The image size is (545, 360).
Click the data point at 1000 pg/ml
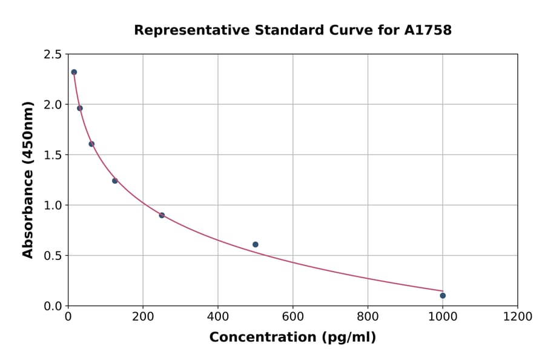click(x=443, y=296)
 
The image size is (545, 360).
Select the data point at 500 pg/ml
click(x=255, y=245)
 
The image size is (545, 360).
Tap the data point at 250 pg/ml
click(x=162, y=215)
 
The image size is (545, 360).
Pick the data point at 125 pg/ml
click(x=114, y=181)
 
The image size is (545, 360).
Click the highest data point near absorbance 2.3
click(x=74, y=72)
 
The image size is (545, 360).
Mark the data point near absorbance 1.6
click(x=91, y=144)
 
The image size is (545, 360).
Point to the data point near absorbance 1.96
click(x=79, y=108)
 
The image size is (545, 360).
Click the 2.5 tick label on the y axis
click(x=52, y=55)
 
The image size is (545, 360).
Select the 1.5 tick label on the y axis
click(x=52, y=155)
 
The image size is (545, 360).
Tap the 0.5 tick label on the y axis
click(x=52, y=256)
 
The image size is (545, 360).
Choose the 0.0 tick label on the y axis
click(x=52, y=306)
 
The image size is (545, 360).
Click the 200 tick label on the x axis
click(x=143, y=317)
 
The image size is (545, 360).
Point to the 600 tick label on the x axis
click(x=292, y=317)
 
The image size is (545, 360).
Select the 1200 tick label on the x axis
click(x=517, y=317)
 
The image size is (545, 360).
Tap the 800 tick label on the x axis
click(x=368, y=317)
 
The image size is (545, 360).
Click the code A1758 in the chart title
click(x=428, y=30)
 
